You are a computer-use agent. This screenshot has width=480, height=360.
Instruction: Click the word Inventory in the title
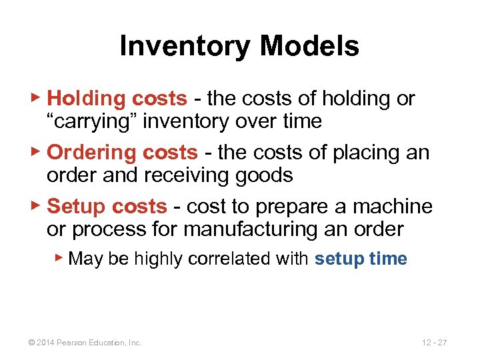pyautogui.click(x=184, y=47)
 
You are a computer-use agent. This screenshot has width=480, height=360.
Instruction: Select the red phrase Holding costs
pyautogui.click(x=117, y=99)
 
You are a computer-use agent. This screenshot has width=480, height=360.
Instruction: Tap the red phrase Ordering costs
pyautogui.click(x=123, y=153)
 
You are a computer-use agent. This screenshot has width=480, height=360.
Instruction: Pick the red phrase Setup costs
pyautogui.click(x=107, y=207)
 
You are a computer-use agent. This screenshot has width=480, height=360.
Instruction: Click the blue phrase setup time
pyautogui.click(x=361, y=259)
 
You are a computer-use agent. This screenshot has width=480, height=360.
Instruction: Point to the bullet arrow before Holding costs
pyautogui.click(x=37, y=99)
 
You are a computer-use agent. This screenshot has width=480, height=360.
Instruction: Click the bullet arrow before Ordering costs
pyautogui.click(x=37, y=152)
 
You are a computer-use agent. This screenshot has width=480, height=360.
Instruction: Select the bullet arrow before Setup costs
pyautogui.click(x=37, y=206)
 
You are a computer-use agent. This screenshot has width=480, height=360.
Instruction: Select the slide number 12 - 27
pyautogui.click(x=434, y=343)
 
